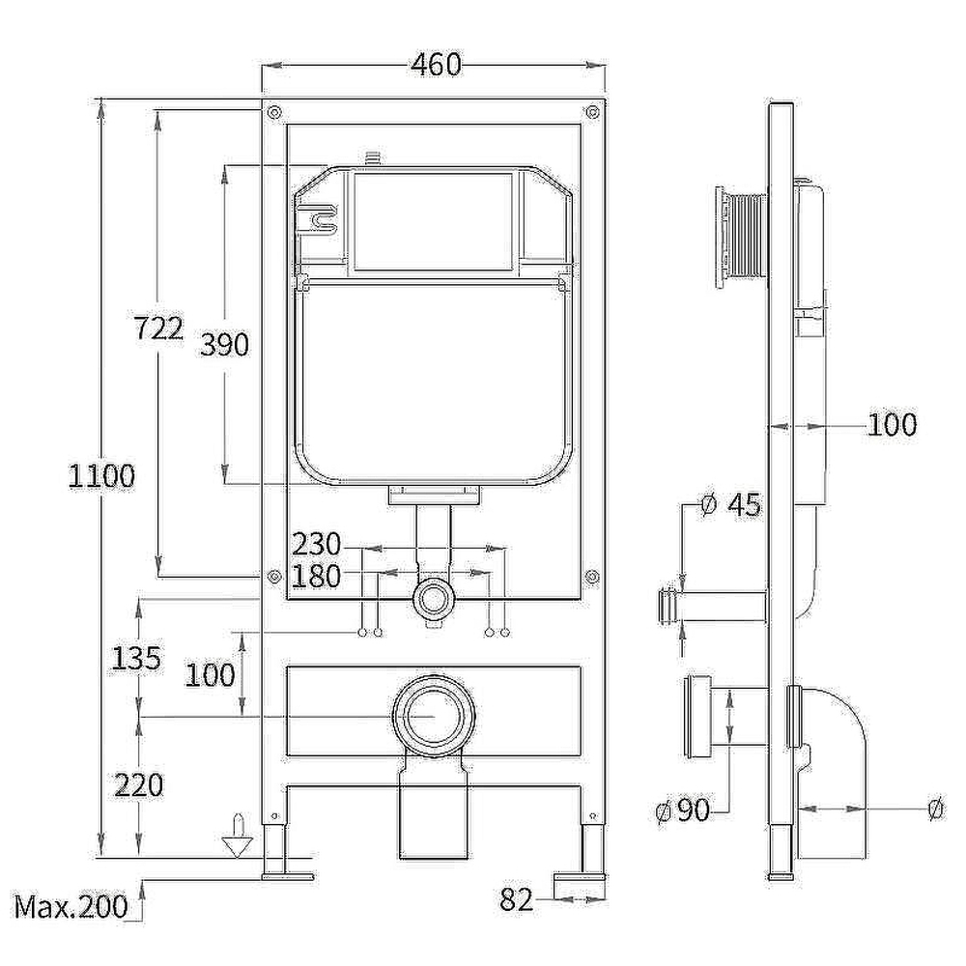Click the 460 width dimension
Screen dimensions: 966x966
436,64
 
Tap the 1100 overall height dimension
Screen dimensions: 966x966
101,475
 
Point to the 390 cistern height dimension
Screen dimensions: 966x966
225,344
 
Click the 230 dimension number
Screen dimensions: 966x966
316,544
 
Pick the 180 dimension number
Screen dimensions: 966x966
316,577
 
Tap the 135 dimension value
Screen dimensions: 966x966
136,658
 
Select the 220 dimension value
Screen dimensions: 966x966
138,784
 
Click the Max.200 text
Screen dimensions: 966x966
71,906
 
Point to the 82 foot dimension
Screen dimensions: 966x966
516,899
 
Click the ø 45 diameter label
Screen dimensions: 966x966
731,505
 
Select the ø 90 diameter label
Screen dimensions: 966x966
683,810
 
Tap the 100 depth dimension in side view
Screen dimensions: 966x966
892,424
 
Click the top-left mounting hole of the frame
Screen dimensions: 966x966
274,112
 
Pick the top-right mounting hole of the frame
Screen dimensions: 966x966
593,112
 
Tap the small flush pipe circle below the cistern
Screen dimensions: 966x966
434,599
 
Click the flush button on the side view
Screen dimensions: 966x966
740,238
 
